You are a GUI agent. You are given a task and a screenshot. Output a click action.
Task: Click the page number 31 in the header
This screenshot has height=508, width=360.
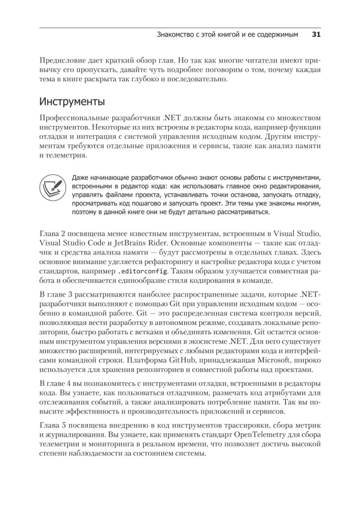(315, 35)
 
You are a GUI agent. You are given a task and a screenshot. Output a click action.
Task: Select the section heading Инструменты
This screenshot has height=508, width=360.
(72, 102)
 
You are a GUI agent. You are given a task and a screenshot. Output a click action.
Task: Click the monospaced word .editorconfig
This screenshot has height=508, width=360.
(142, 271)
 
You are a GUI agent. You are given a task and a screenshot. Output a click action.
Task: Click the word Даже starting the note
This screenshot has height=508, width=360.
(81, 177)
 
